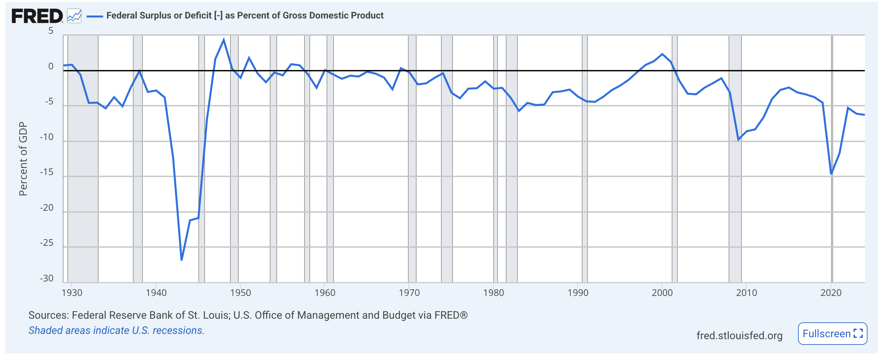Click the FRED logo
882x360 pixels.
tap(37, 16)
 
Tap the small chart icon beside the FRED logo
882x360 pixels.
tap(74, 16)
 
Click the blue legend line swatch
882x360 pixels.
tap(95, 16)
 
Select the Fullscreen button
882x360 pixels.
tap(832, 333)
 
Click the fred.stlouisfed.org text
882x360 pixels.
tap(739, 335)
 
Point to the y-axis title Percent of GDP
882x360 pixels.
tap(23, 159)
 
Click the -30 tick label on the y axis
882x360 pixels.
tap(47, 278)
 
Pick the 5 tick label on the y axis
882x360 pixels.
tap(51, 31)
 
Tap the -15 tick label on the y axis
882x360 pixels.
tap(47, 172)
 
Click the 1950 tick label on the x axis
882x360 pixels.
tap(240, 293)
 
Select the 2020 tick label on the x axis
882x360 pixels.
tap(831, 293)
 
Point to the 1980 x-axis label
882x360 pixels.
tap(493, 293)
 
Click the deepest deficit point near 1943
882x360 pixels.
tap(181, 260)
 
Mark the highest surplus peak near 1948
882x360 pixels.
tap(223, 40)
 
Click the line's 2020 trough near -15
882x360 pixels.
tap(831, 174)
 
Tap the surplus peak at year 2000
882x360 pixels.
tap(662, 54)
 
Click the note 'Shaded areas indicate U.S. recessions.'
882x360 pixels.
tap(116, 330)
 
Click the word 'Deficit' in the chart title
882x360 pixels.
tap(198, 16)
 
